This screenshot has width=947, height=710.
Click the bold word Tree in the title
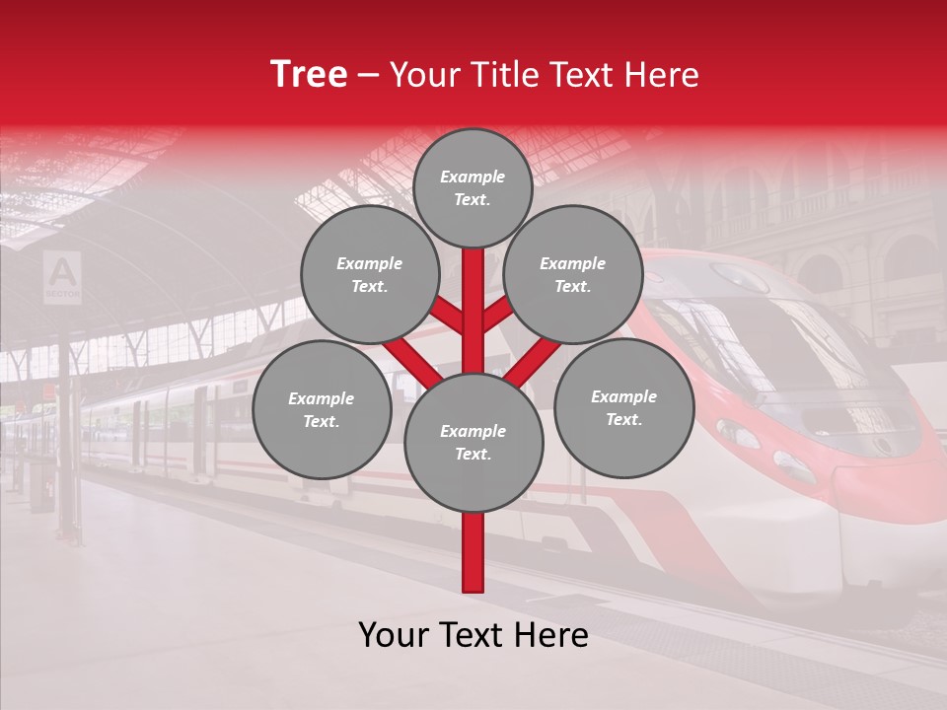click(309, 75)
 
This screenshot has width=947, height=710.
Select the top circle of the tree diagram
click(473, 187)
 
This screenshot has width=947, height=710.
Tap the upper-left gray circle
click(369, 275)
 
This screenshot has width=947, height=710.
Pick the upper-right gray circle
click(573, 275)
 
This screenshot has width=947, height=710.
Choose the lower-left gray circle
click(322, 410)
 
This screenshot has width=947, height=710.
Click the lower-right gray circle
click(623, 408)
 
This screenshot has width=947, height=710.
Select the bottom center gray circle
click(473, 443)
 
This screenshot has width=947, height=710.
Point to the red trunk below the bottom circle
click(473, 552)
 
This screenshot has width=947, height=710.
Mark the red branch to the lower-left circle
click(409, 360)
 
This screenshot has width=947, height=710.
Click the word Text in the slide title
click(581, 75)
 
